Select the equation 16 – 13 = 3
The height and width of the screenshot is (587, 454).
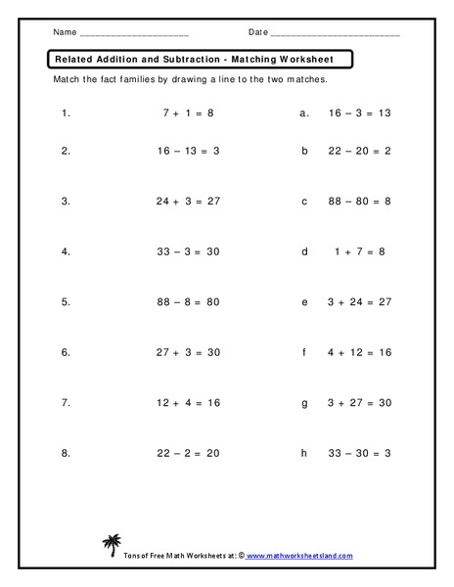[x=188, y=151]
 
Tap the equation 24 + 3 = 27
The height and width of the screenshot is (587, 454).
[x=189, y=202]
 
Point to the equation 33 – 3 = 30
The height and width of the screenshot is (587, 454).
[x=189, y=251]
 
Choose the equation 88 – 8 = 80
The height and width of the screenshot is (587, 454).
[x=189, y=302]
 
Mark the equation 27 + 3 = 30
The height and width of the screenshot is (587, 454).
[x=189, y=352]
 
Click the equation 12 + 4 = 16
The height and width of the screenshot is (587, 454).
[x=189, y=402]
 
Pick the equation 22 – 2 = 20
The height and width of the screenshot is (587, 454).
[x=189, y=453]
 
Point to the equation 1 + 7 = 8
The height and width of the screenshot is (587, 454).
[x=358, y=251]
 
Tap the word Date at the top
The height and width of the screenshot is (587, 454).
[x=258, y=33]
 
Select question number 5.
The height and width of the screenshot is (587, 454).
[x=66, y=302]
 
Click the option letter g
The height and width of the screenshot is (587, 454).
[x=304, y=402]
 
